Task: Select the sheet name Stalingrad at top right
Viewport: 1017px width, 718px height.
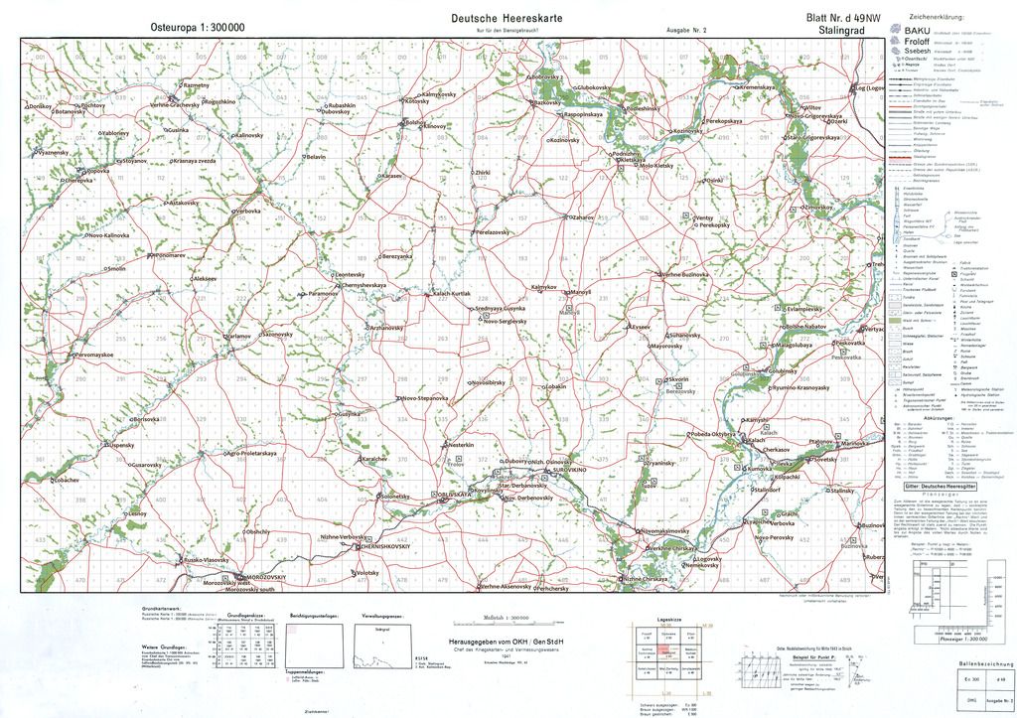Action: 842,31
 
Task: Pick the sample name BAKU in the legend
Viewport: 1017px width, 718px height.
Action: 918,32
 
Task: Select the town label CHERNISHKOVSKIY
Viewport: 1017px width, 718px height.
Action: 385,546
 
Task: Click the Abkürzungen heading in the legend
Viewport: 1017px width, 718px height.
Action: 939,418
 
